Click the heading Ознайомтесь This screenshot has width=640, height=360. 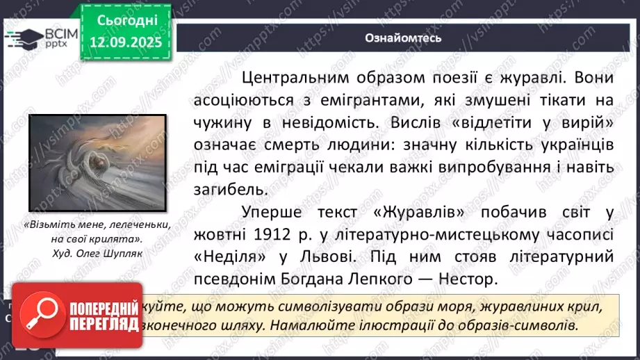[404, 38]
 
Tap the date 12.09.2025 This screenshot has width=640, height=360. [125, 42]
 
